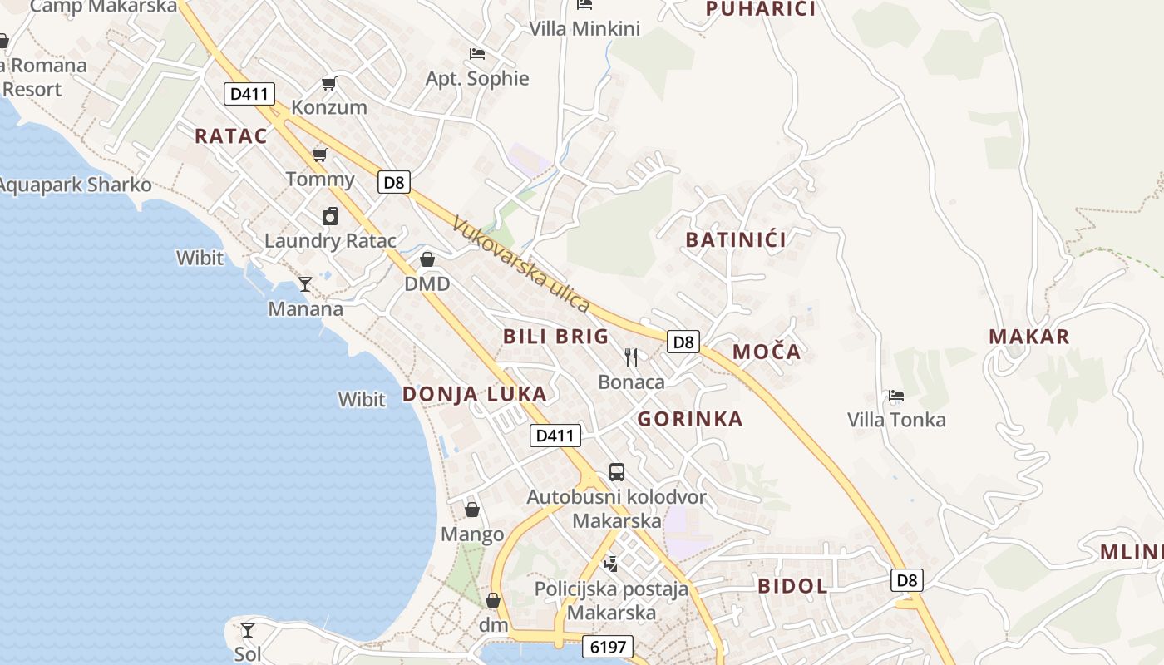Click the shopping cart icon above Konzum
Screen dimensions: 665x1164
pos(328,83)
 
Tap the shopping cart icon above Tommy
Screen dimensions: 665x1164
pos(319,155)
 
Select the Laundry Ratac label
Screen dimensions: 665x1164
pos(330,241)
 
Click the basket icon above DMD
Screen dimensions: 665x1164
pos(427,259)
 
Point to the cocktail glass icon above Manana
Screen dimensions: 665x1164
pos(305,284)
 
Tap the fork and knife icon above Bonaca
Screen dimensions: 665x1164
pos(631,357)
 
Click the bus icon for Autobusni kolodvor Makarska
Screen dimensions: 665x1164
pos(616,472)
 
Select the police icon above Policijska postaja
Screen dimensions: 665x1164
pos(611,564)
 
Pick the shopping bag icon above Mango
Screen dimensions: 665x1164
pos(472,510)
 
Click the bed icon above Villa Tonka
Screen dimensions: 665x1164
pos(896,396)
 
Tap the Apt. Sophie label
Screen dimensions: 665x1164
pos(477,79)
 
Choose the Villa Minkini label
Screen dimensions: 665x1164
pos(584,29)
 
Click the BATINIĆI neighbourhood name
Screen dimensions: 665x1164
pos(736,240)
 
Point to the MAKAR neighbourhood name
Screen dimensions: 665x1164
pos(1028,337)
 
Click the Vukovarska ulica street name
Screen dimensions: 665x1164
pos(521,264)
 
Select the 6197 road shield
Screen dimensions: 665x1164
pos(608,647)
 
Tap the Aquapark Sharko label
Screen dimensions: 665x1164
pos(75,185)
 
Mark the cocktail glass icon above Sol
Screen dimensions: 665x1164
pos(247,629)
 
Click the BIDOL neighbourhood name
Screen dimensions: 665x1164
pos(792,586)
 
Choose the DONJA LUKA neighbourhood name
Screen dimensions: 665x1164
pos(475,394)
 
